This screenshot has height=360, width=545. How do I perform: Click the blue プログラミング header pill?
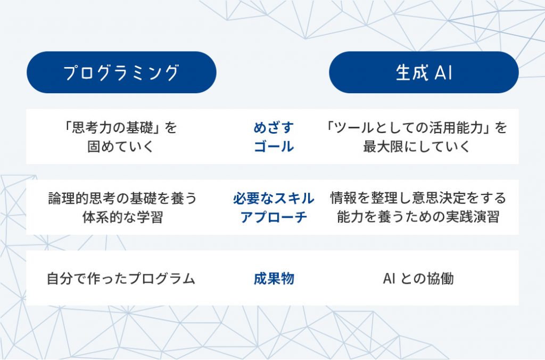coord(121,72)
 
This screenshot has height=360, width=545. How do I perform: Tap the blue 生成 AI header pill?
coord(424,72)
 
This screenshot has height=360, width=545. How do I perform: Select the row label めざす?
coord(274,128)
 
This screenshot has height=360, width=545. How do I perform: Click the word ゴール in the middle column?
coord(274,146)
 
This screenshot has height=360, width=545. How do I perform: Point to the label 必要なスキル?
coord(274,198)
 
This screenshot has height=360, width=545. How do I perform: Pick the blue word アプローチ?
coord(274,217)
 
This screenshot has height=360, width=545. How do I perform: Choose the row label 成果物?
coord(274,279)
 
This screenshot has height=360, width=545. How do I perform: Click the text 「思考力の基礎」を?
coord(120,128)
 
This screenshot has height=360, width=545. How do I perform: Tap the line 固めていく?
coord(120,146)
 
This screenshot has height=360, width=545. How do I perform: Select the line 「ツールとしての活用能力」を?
coord(416,128)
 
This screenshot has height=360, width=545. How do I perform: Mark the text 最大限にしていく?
coord(416,146)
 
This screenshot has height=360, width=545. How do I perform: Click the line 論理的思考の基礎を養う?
coord(122,198)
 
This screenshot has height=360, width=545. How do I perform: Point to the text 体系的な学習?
coord(122,217)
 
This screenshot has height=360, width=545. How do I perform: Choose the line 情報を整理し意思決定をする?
coord(418,198)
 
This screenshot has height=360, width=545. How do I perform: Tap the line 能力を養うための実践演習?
coord(418,217)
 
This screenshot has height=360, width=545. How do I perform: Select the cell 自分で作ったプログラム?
coord(121,279)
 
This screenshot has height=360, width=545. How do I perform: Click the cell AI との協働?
coord(418,279)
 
